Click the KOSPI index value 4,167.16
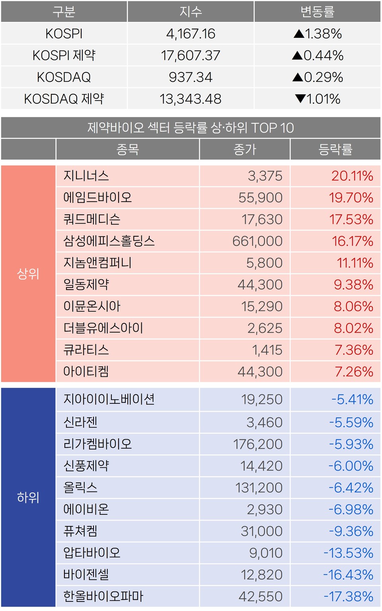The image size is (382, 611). pos(191,34)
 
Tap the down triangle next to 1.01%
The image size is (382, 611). pos(300,99)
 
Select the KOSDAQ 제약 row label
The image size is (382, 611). pos(64,99)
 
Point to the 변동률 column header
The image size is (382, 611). pos(317,12)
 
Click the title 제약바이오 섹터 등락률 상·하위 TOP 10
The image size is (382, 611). pos(191,128)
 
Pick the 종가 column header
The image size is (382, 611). pos(245,150)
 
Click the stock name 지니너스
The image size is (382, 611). pos(86,176)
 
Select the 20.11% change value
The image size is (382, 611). pos(352,176)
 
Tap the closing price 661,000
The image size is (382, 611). pos(257,241)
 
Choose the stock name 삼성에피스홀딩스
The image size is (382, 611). pos(109,241)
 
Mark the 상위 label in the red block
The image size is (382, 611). pos(28,274)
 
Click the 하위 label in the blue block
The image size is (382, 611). pos(28,497)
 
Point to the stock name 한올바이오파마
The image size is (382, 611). pos(103,596)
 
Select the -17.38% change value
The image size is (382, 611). pos(348,596)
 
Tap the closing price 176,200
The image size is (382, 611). pos(258,444)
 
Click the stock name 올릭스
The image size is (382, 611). pos(80,488)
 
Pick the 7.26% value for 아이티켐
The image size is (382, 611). pos(354,372)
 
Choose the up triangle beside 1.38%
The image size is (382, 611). pos(299,34)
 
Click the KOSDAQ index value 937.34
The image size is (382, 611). pos(191,77)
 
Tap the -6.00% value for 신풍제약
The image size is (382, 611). pos(351,466)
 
